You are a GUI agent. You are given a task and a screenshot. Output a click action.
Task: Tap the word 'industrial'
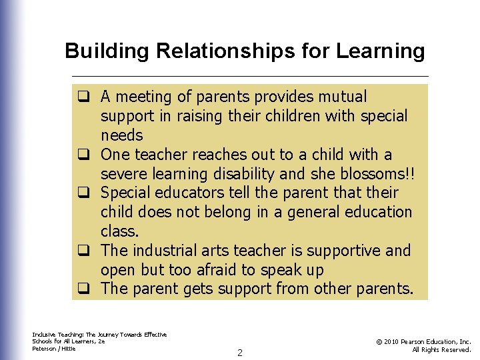pos(162,251)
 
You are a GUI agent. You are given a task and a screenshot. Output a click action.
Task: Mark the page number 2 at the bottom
pos(240,352)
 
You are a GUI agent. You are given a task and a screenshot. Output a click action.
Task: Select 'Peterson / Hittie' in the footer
pos(54,349)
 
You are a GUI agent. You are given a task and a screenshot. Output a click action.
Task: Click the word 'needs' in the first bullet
pos(122,135)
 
